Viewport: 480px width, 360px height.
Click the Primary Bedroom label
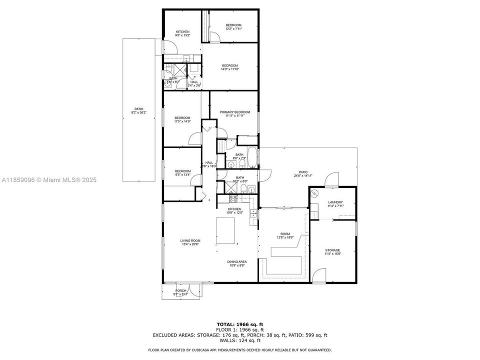[234, 112]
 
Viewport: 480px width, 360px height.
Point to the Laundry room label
[335, 202]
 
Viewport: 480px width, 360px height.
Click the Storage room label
[332, 250]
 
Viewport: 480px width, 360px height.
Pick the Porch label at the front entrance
[181, 291]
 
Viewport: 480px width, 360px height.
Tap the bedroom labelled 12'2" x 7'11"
[233, 25]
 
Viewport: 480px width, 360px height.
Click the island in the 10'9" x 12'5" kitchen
[227, 231]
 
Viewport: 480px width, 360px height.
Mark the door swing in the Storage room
[318, 276]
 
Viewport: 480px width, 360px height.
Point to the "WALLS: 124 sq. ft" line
[239, 340]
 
